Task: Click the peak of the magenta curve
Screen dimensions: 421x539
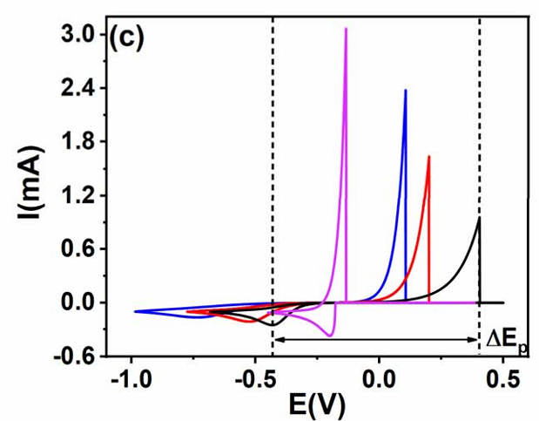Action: point(346,29)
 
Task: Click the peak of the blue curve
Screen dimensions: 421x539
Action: point(405,90)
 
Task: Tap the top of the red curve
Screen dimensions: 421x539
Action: point(428,157)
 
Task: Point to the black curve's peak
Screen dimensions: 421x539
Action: point(479,219)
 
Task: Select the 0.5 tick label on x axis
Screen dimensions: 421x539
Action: point(503,380)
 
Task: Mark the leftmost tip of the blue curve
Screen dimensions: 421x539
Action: point(135,311)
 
